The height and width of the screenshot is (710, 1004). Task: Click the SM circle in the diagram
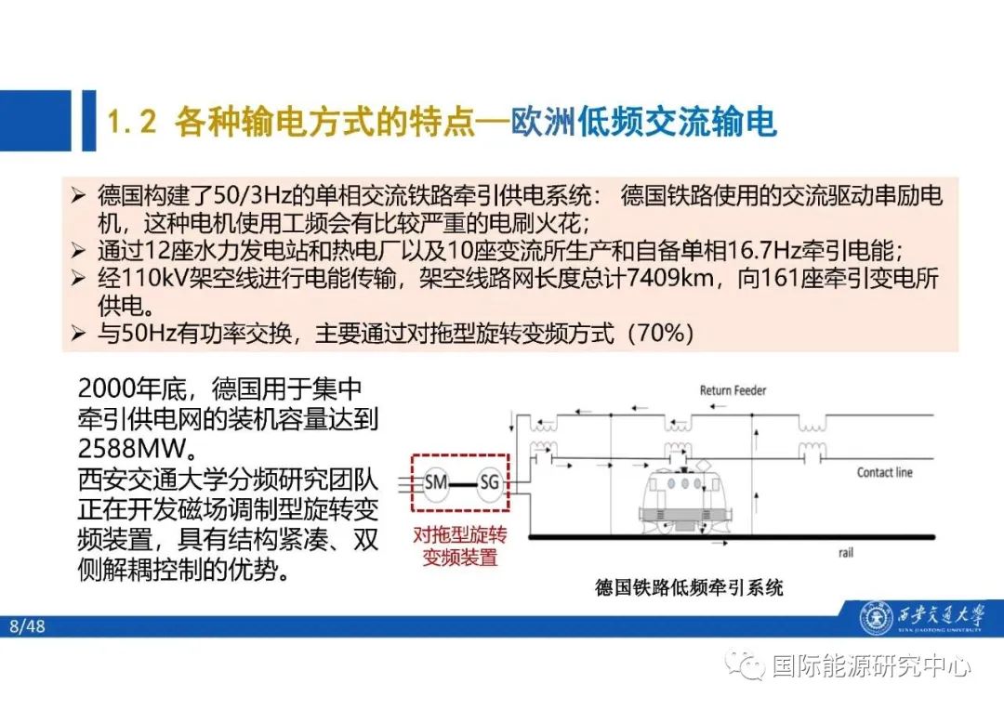pos(435,481)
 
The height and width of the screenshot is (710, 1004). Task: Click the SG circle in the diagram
pos(489,481)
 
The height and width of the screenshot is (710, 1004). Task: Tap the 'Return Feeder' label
pos(733,390)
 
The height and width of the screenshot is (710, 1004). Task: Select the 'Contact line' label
pos(884,472)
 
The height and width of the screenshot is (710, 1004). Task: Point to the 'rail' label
pos(845,553)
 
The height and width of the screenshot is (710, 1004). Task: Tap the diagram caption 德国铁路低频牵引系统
pos(689,587)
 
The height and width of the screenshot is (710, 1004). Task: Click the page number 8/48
pos(27,626)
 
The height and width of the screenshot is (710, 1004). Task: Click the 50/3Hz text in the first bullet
pos(242,196)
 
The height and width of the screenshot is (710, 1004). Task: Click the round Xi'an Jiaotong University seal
pos(874,617)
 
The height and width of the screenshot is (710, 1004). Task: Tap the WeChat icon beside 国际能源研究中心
pos(748,664)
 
